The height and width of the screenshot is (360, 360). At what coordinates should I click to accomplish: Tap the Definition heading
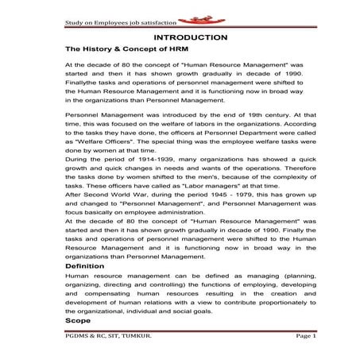[x=85, y=266]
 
